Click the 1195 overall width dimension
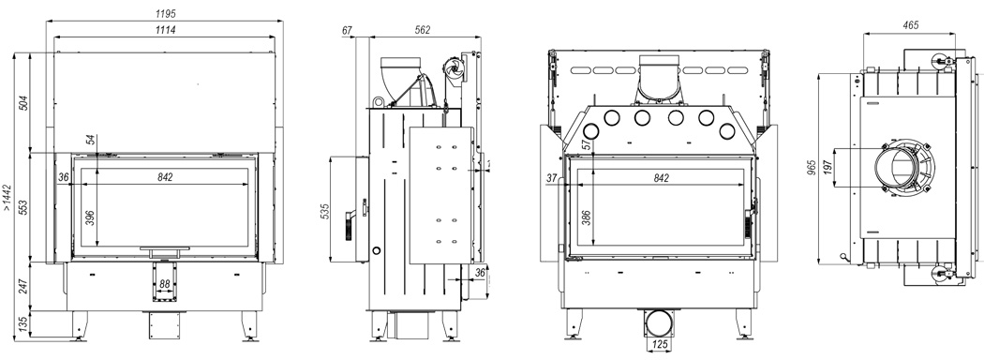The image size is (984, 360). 164,13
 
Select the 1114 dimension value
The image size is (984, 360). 164,29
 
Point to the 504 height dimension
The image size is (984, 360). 23,102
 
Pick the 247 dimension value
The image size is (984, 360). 23,288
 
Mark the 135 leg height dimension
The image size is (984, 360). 23,324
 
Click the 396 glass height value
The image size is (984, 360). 90,217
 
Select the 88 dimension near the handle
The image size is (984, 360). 164,284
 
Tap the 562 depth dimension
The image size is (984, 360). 424,29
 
